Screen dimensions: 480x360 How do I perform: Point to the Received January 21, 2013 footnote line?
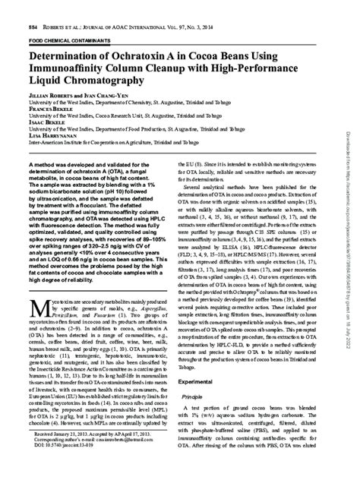(84, 454)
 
